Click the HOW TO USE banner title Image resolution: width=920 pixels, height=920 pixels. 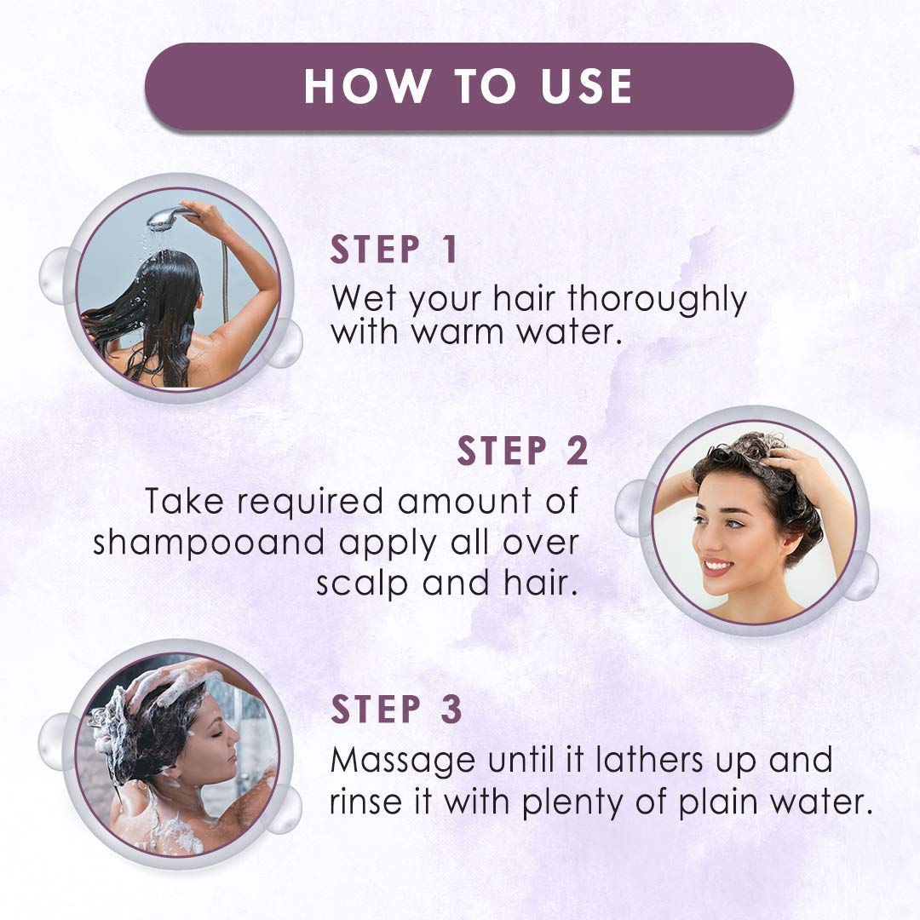[469, 86]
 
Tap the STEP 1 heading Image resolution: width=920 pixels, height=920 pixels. [394, 250]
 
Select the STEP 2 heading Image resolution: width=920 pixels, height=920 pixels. [523, 451]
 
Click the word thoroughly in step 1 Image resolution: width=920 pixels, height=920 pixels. [657, 300]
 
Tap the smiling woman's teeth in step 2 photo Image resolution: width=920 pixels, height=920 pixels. [718, 565]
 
